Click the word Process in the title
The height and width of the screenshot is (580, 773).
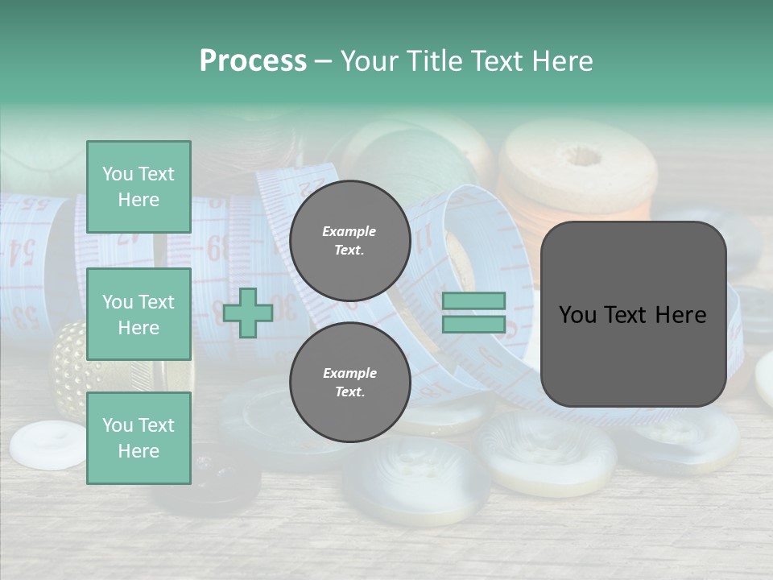tap(253, 61)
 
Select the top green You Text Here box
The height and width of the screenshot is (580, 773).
tap(138, 187)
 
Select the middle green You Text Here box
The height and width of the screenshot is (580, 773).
tap(138, 314)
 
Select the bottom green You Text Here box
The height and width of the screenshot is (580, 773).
tap(138, 438)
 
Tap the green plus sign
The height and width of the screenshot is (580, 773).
tap(248, 313)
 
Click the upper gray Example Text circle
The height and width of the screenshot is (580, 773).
tap(349, 240)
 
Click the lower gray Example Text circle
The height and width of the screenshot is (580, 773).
tap(349, 382)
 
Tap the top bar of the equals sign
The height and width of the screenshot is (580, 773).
tap(473, 301)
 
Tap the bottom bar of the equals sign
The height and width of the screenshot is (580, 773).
tap(473, 325)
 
